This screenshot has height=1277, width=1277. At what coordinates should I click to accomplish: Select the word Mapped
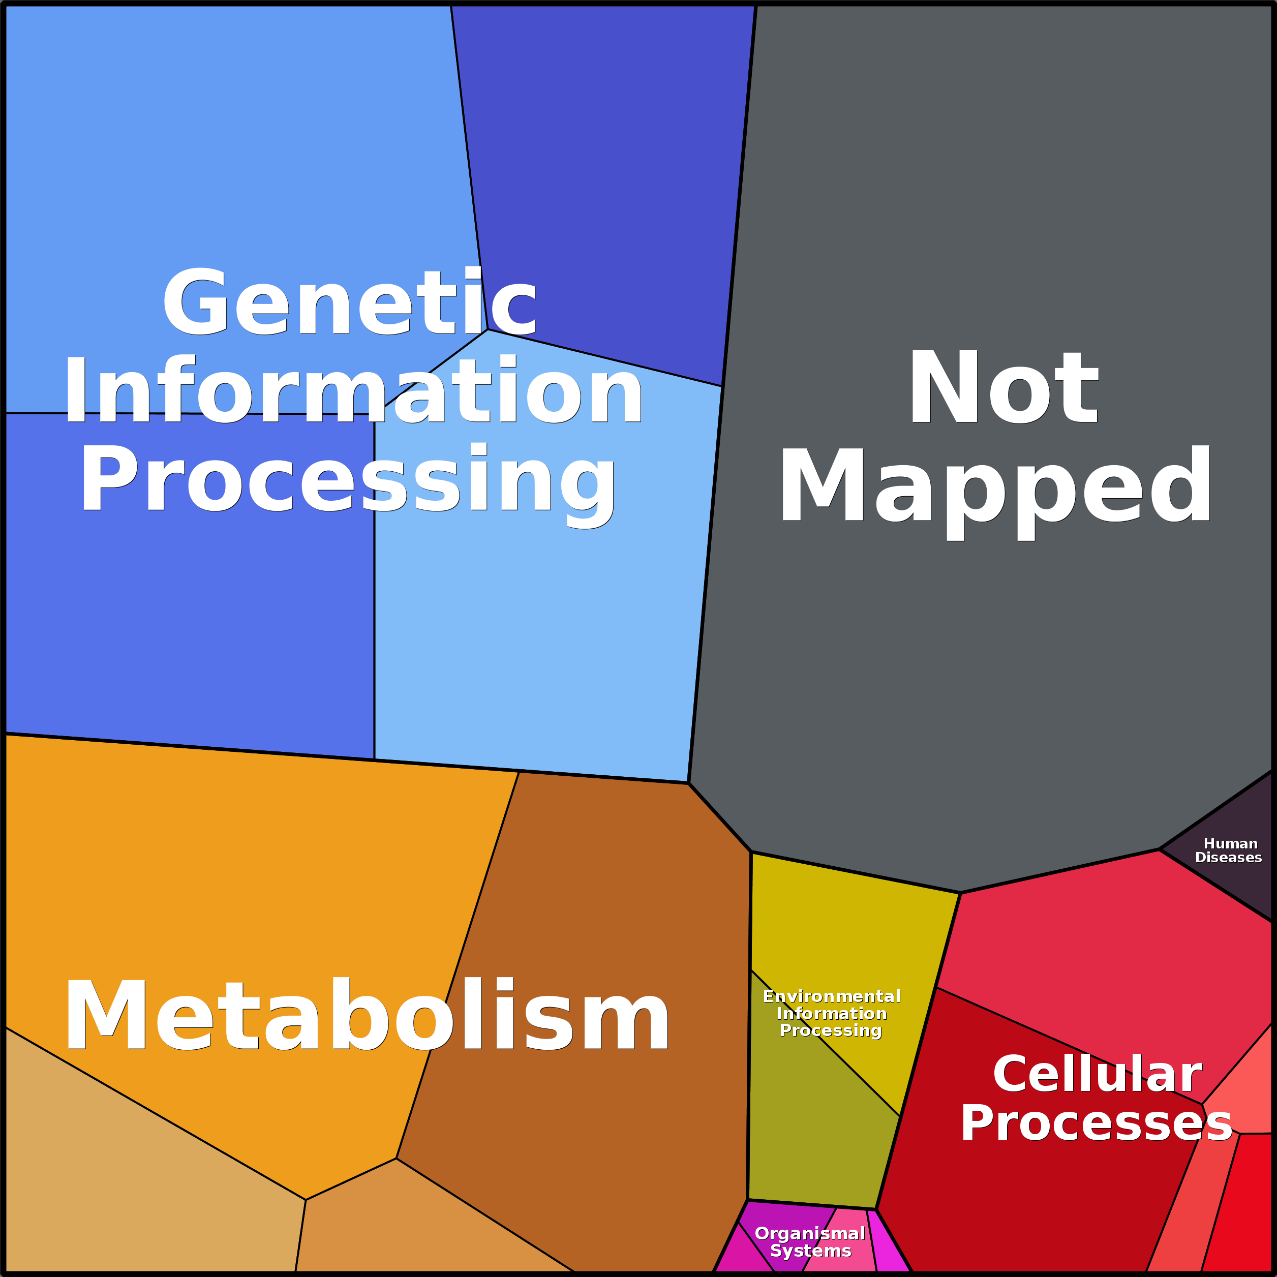[995, 487]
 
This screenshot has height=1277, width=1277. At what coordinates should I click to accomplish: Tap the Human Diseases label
[1228, 850]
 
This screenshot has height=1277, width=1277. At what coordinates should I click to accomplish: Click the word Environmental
[832, 997]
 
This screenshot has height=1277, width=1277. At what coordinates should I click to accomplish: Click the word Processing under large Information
[348, 480]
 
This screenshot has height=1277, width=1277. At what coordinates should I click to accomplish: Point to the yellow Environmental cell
[846, 925]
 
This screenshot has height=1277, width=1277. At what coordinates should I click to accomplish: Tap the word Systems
[810, 1251]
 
